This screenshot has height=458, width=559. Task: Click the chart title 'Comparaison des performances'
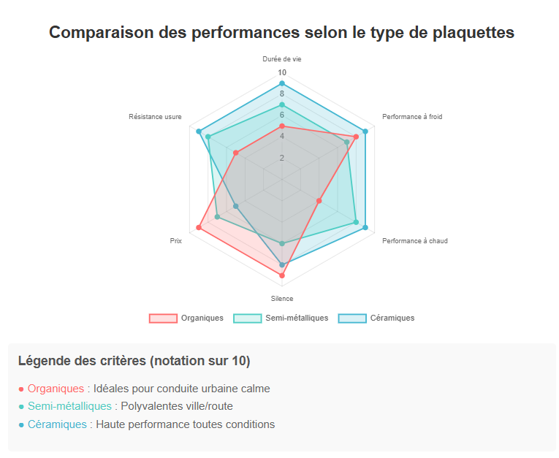(281, 32)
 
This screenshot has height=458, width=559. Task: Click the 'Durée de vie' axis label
(282, 59)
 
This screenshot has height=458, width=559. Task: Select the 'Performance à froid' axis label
(412, 117)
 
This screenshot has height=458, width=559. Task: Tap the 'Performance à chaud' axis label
(415, 240)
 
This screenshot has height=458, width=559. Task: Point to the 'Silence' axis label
(282, 299)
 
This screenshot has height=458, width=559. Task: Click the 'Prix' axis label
(176, 240)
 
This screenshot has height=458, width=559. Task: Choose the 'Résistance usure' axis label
(155, 117)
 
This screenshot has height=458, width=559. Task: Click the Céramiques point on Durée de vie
(282, 83)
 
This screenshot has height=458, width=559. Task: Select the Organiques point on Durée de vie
(282, 126)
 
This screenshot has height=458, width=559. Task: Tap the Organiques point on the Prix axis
(199, 229)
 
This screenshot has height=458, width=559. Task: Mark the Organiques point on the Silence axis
(282, 275)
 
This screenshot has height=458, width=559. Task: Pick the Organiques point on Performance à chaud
(319, 200)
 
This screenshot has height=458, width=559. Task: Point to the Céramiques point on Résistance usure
(199, 131)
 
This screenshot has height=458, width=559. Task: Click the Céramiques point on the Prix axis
(236, 206)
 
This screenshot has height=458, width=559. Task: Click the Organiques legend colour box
(163, 318)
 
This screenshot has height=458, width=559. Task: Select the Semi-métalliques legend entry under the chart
(281, 318)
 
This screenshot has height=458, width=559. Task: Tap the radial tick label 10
(282, 73)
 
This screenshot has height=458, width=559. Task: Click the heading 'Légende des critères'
(134, 361)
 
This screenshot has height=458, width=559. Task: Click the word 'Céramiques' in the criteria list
(57, 424)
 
